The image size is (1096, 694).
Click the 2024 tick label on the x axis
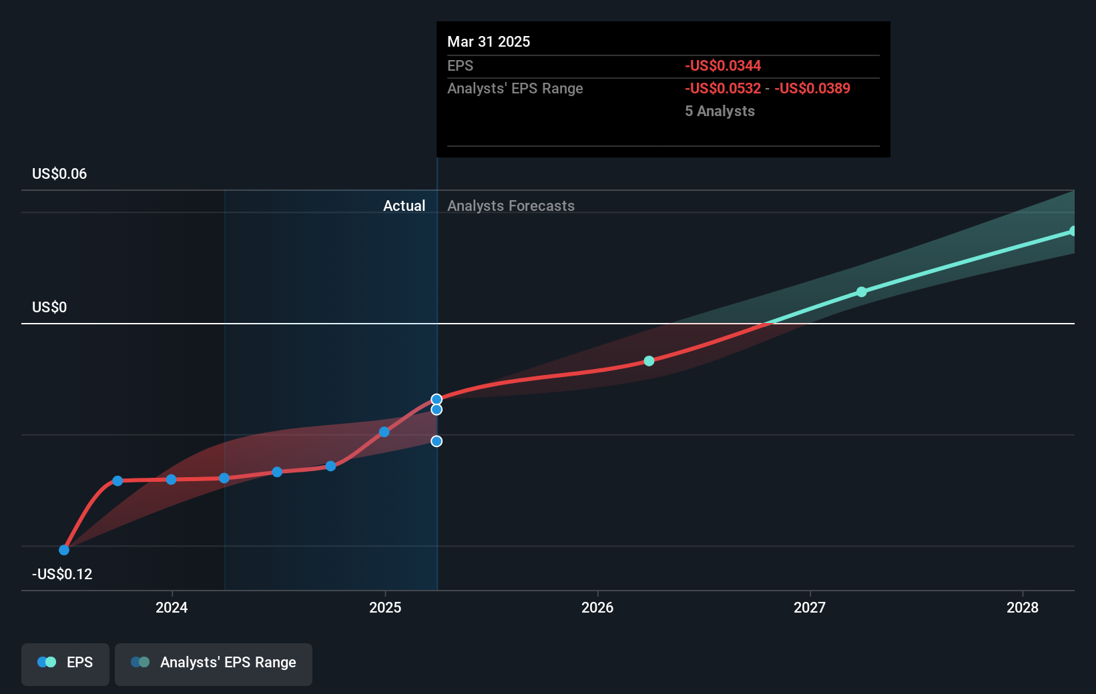click(x=172, y=607)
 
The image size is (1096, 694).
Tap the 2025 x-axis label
click(x=385, y=607)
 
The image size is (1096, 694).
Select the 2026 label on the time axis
click(x=597, y=607)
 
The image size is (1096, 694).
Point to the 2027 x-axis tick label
click(x=810, y=607)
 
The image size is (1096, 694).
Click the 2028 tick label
click(x=1023, y=607)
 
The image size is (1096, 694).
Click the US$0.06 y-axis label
click(x=59, y=174)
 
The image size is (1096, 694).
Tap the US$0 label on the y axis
click(x=49, y=308)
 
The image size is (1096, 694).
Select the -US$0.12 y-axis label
click(x=62, y=575)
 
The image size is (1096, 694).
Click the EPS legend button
click(x=65, y=663)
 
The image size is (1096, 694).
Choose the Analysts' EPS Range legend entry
click(x=214, y=663)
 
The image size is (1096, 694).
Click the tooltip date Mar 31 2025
click(x=489, y=42)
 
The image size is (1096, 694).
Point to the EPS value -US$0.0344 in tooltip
click(x=723, y=66)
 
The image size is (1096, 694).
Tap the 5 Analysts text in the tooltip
click(x=720, y=111)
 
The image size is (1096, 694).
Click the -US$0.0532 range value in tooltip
click(x=723, y=89)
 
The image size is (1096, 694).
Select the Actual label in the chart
click(x=404, y=206)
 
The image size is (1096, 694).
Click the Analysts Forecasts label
click(x=511, y=206)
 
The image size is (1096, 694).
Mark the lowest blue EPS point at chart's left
click(x=64, y=550)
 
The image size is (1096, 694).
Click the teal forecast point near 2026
click(x=649, y=361)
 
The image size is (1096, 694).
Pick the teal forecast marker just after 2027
click(x=862, y=292)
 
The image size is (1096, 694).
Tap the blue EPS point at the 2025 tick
click(x=384, y=432)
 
